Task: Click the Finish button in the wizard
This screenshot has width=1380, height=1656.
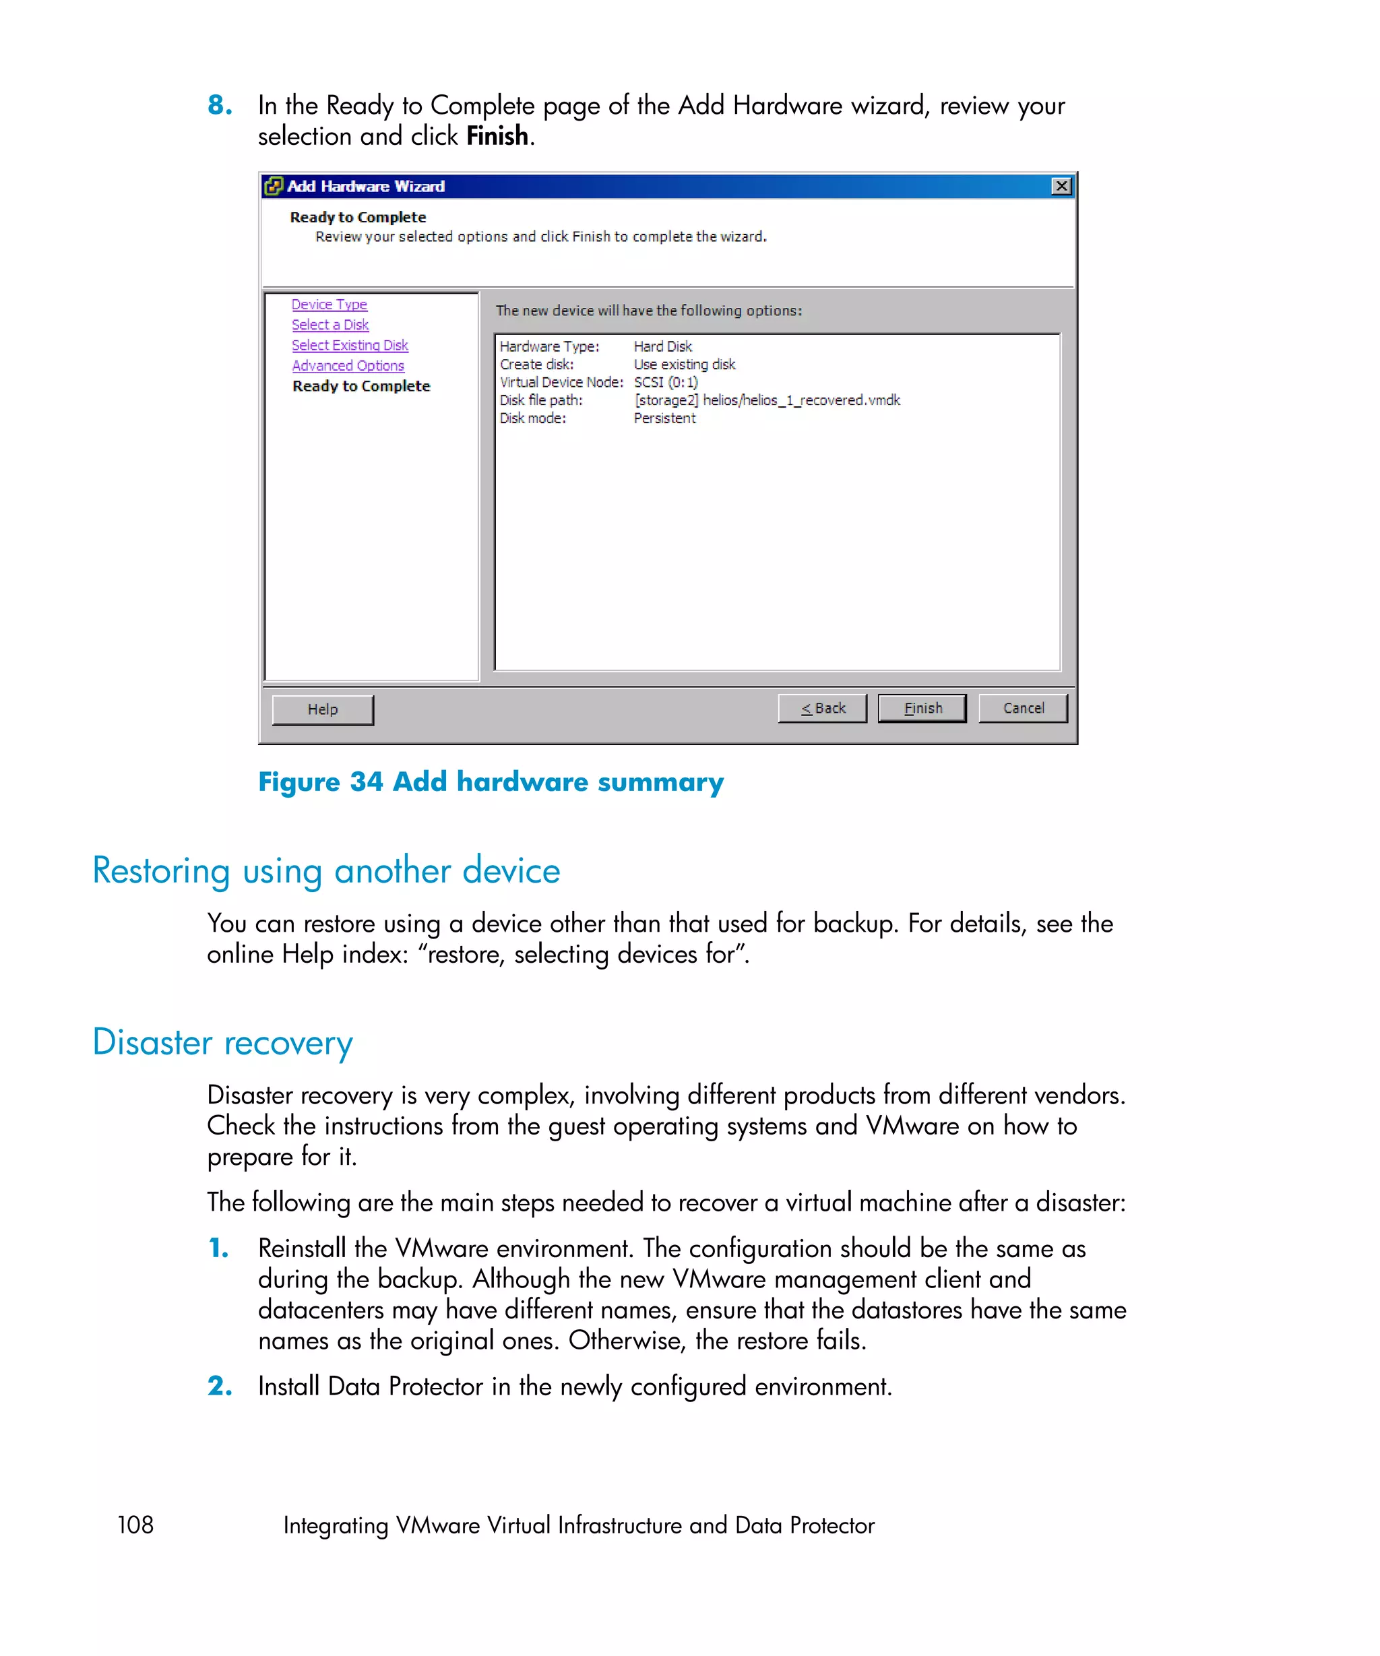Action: (x=921, y=708)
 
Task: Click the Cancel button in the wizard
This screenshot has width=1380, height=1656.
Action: (x=1022, y=708)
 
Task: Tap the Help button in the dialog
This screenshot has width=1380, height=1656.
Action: (x=323, y=709)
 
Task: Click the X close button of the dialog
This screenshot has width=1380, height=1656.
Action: (x=1061, y=186)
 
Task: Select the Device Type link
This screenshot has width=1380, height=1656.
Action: (x=329, y=305)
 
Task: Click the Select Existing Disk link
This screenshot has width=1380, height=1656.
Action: (x=349, y=346)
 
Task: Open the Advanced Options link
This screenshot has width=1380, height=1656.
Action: (x=348, y=366)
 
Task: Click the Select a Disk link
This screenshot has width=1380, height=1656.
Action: (x=330, y=325)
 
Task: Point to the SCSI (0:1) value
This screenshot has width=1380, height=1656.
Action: (x=666, y=383)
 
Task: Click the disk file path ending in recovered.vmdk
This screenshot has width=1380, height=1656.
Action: (x=767, y=401)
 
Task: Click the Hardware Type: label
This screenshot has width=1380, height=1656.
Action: (x=549, y=347)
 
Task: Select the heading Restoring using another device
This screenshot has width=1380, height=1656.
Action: (x=325, y=870)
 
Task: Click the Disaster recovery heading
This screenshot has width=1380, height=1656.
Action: (x=222, y=1042)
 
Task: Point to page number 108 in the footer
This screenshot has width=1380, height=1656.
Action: (x=135, y=1525)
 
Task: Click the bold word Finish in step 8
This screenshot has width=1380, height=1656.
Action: (x=497, y=136)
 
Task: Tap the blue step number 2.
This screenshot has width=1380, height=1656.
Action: (x=219, y=1386)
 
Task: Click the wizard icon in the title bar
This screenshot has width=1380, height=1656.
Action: (x=273, y=186)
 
